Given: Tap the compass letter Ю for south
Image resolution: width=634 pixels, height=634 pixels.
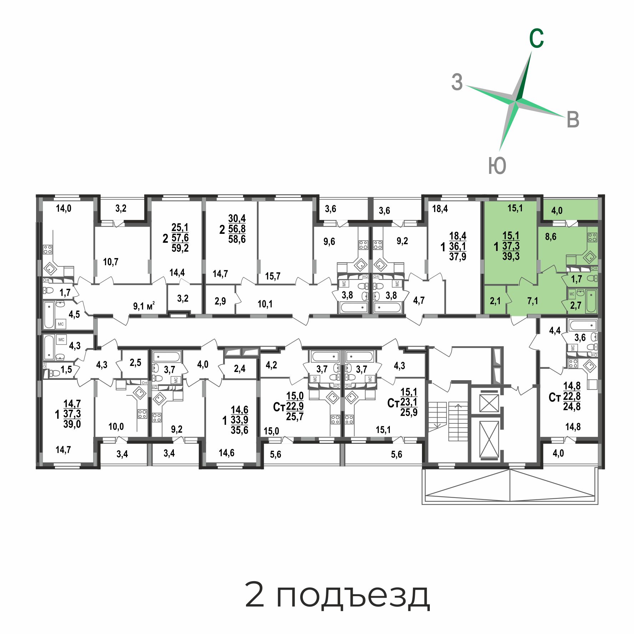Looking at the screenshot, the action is click(497, 166).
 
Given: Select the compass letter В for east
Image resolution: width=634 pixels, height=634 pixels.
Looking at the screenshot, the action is click(573, 120).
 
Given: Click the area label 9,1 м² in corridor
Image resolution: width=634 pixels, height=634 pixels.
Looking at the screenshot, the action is click(144, 306).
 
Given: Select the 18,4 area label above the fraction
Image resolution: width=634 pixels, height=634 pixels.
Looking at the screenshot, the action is click(440, 208).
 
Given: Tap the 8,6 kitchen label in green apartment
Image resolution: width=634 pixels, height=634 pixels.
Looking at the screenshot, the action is click(551, 236).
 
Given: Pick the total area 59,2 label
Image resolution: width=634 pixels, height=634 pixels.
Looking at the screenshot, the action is click(180, 248).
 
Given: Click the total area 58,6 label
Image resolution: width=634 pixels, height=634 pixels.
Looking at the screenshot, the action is click(237, 239).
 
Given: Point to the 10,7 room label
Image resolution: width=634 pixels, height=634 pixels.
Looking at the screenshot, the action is click(111, 262).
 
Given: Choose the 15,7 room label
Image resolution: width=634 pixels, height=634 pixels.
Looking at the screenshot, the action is click(273, 276).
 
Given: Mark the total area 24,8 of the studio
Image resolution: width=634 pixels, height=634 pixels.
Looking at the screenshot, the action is click(572, 406).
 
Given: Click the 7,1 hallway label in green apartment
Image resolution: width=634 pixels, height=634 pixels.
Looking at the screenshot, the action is click(533, 301).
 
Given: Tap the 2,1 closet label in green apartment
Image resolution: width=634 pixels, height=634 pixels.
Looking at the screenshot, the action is click(495, 301).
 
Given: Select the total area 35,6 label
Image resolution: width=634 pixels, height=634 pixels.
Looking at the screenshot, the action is click(240, 430).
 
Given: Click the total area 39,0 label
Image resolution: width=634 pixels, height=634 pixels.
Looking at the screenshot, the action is click(72, 424).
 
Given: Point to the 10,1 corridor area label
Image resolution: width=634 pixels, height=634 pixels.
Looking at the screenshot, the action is click(265, 304).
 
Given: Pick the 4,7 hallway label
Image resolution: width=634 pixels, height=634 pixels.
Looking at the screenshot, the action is click(419, 300).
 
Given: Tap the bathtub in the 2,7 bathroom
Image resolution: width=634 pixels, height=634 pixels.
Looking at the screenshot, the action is click(591, 301).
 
